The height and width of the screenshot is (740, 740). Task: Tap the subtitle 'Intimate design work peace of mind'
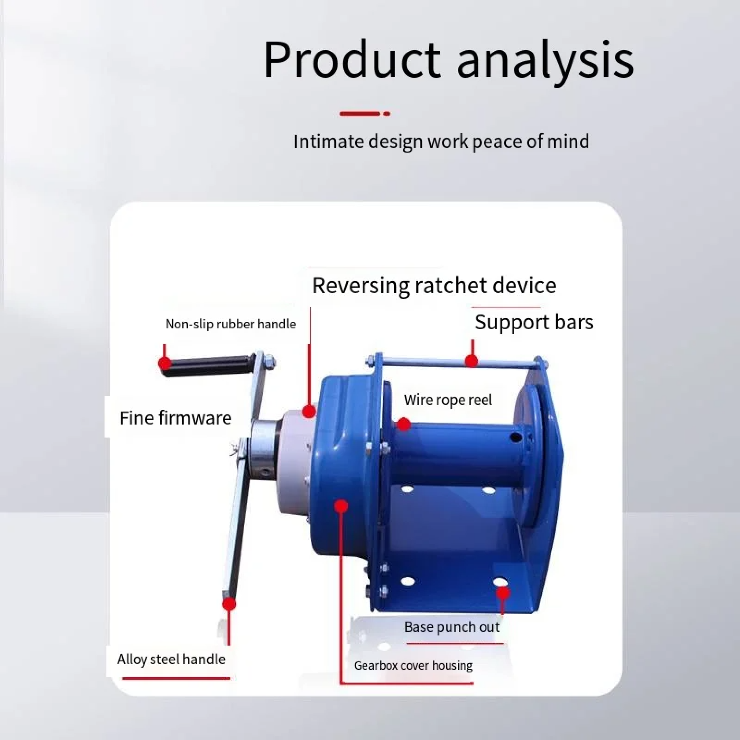[441, 141]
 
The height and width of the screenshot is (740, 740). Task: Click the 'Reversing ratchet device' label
[434, 285]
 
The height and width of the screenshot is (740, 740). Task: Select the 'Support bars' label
[534, 322]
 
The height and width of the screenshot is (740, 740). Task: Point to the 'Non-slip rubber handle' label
[231, 324]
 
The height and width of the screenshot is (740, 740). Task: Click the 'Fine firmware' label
[176, 418]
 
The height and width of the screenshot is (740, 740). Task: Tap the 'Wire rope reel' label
[448, 400]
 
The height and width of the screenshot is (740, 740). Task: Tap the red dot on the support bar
[472, 361]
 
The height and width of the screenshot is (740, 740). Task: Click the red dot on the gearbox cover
[340, 506]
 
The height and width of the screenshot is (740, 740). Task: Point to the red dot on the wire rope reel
[403, 424]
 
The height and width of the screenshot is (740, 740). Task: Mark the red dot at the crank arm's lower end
[229, 604]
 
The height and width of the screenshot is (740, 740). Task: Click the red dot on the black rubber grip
[165, 363]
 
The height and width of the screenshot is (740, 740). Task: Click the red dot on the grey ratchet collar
[309, 411]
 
